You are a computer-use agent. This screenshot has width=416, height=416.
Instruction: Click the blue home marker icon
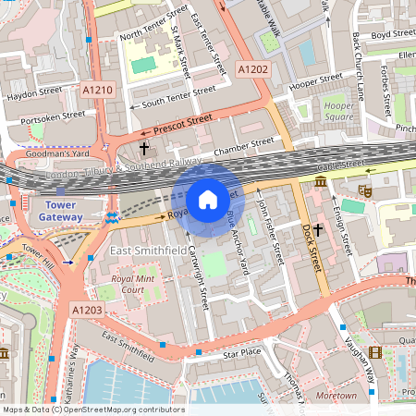click(208, 199)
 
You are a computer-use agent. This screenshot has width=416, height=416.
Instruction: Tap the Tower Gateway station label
click(60, 210)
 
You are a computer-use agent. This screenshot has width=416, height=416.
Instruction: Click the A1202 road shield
click(252, 69)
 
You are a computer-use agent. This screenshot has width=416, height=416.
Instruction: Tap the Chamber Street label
click(243, 146)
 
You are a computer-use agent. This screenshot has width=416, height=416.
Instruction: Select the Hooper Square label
click(339, 112)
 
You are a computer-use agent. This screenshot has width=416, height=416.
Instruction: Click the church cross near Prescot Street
click(143, 148)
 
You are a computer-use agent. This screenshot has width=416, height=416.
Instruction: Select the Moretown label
click(336, 396)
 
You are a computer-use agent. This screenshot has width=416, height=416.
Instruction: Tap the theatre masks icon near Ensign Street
click(365, 190)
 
